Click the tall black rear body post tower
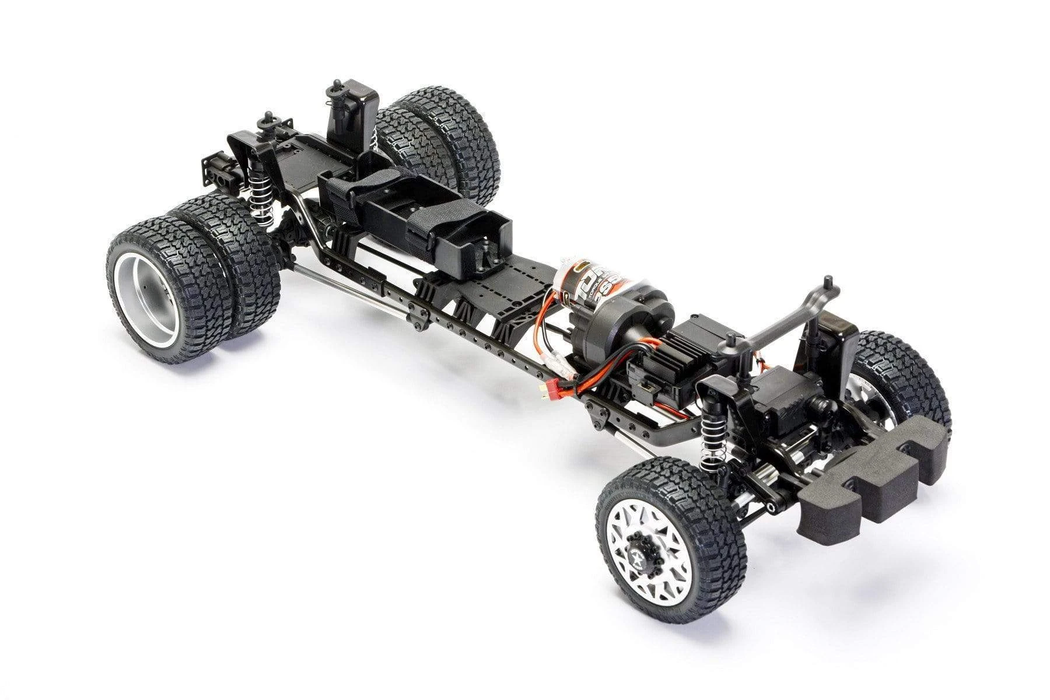350,114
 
